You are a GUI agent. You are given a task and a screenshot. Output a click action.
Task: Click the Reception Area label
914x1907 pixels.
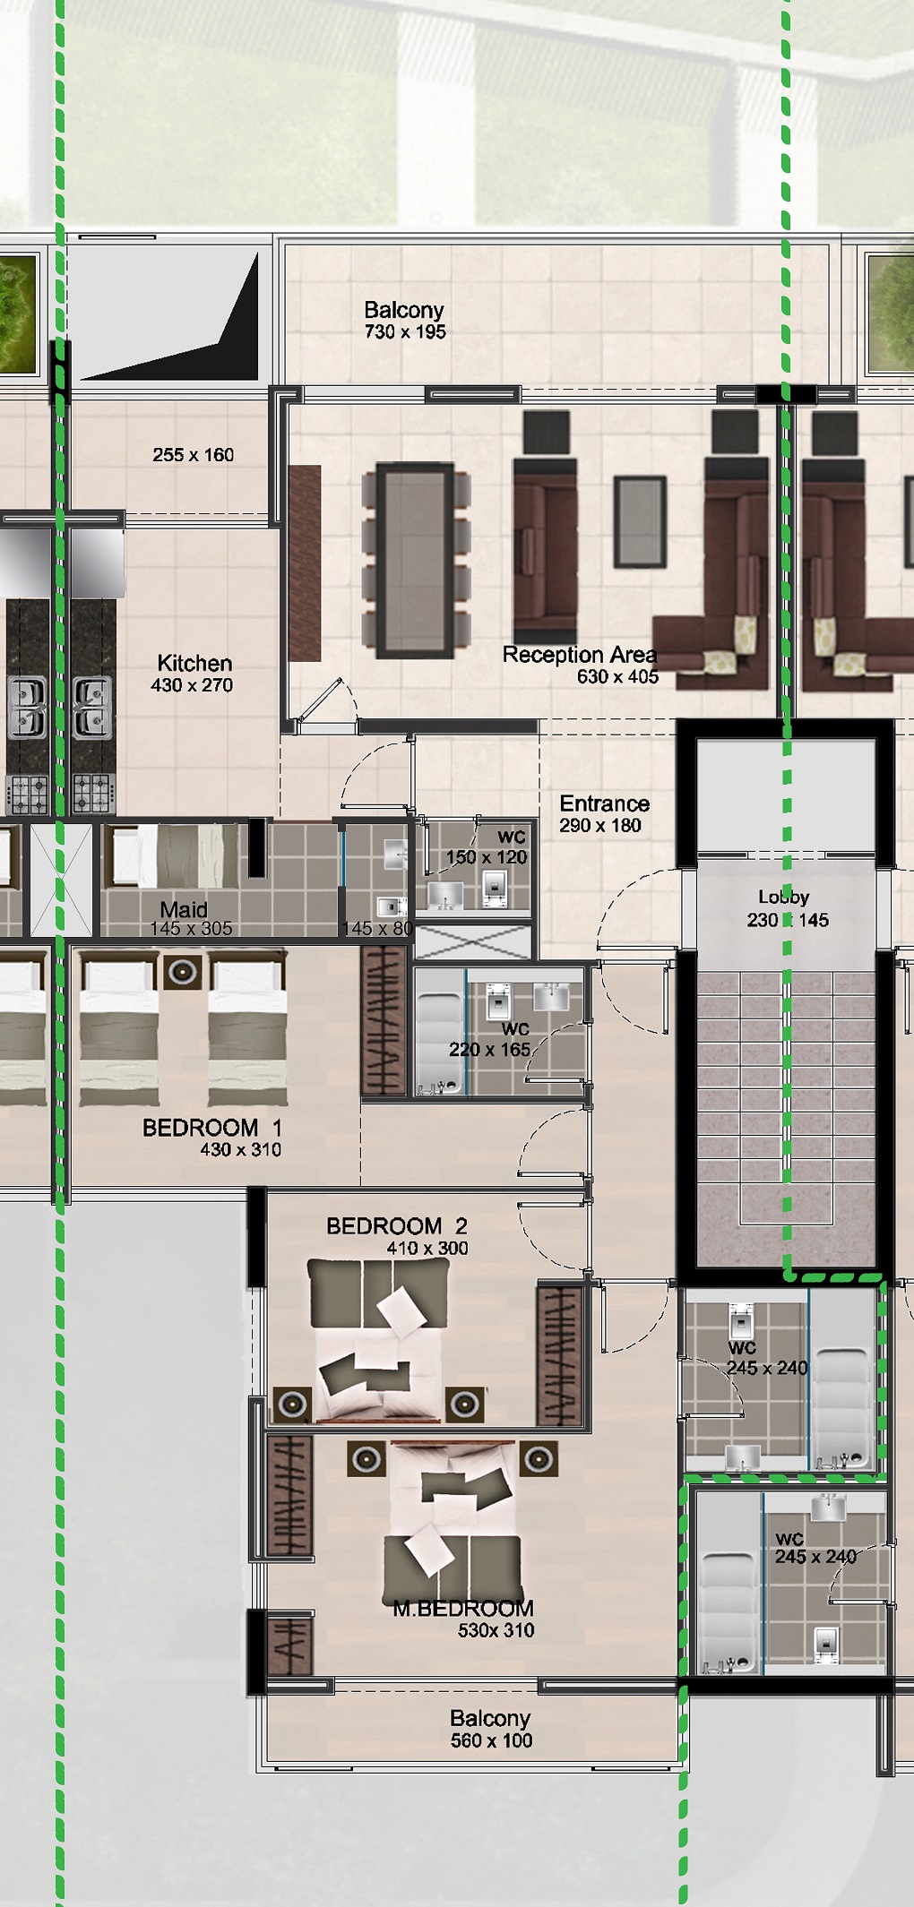[580, 655]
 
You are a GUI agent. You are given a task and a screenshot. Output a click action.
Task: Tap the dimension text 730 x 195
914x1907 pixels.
[405, 332]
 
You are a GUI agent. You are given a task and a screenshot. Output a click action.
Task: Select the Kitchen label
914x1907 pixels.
[194, 664]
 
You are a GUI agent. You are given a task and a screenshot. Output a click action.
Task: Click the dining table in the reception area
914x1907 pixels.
[416, 560]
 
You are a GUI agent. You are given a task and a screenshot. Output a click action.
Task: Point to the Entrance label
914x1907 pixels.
[605, 803]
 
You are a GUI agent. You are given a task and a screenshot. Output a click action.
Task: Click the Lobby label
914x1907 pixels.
[784, 897]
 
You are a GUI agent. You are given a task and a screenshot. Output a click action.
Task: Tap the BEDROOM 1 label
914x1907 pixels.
[212, 1128]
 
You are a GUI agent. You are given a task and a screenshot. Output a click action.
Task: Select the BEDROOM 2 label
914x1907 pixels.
[397, 1225]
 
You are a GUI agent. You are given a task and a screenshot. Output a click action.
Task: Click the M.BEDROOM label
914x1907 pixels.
[463, 1608]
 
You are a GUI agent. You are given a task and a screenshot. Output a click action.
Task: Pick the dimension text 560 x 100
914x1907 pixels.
[491, 1740]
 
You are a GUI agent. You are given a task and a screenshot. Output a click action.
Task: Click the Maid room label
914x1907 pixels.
[184, 909]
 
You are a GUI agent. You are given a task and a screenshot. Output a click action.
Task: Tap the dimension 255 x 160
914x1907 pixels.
[193, 455]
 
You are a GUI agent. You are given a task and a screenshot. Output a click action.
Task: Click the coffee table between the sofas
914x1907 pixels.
[640, 522]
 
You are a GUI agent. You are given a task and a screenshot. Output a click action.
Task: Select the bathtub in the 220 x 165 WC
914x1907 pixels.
[440, 1033]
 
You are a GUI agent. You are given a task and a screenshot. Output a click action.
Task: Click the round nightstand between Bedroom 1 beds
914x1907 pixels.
[183, 972]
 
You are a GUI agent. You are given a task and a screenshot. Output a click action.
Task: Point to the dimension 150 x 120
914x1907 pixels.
[487, 857]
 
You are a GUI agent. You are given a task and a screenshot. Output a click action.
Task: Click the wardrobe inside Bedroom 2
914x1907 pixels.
[560, 1353]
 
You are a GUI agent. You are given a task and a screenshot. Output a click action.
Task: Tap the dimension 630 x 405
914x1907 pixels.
[617, 677]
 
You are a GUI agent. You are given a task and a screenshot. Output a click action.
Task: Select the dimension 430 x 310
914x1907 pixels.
[240, 1150]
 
